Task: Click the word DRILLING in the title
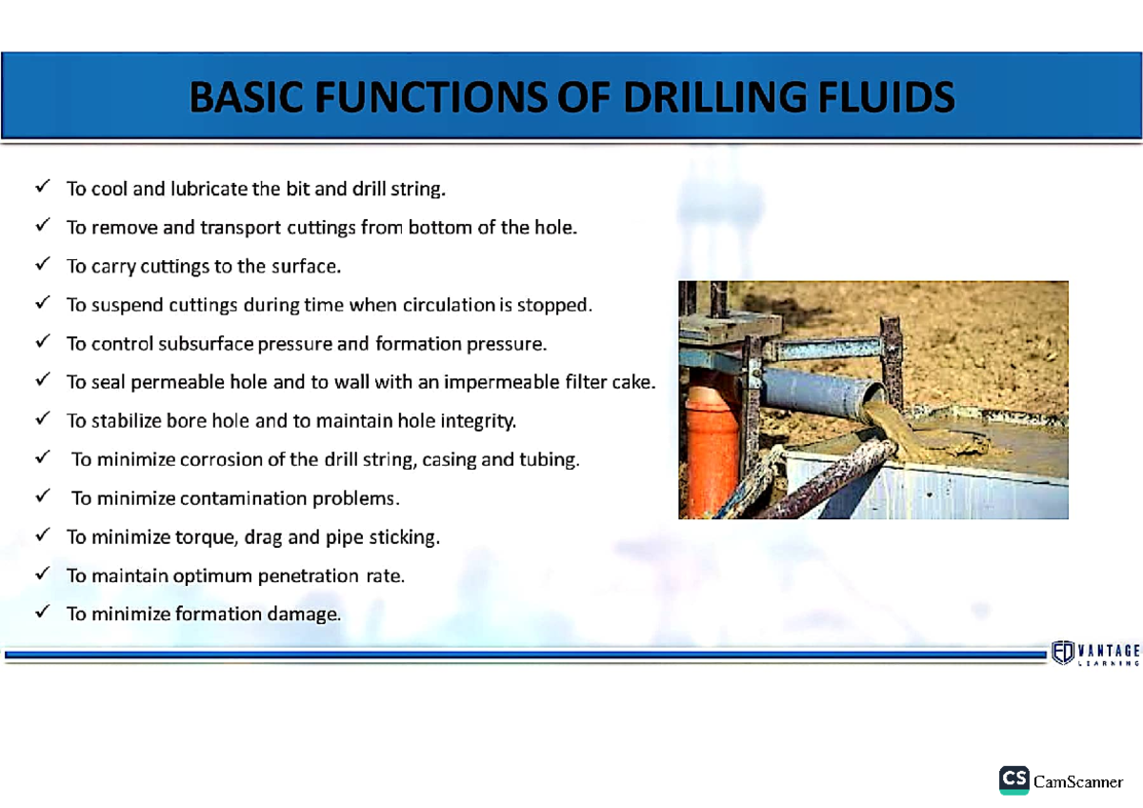click(x=717, y=97)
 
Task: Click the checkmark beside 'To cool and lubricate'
click(x=43, y=188)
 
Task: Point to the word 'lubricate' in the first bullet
click(x=210, y=189)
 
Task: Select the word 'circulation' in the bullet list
click(x=442, y=306)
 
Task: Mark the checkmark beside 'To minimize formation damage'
click(x=43, y=614)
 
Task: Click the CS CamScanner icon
click(x=1013, y=780)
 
